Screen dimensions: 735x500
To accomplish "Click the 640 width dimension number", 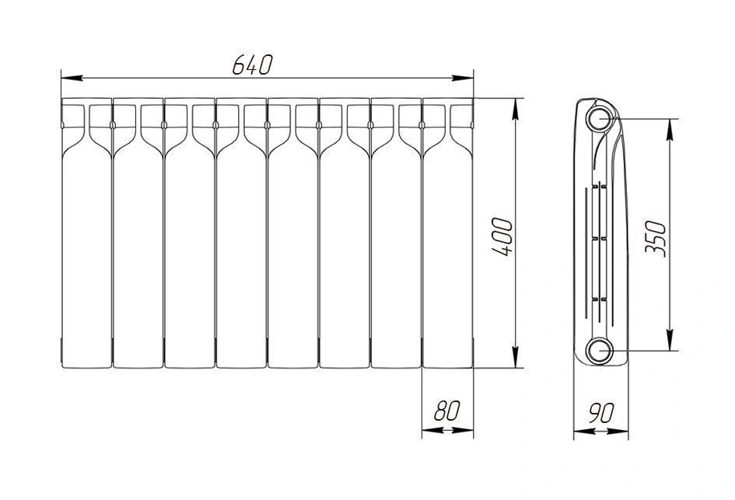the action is (252, 65).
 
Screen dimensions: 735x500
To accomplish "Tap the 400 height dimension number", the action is (502, 236).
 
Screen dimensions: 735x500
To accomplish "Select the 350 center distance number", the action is (656, 239).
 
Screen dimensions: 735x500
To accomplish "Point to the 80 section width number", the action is (447, 411).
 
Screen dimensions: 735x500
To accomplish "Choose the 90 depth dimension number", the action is (601, 413).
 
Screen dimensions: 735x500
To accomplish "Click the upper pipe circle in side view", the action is (599, 118).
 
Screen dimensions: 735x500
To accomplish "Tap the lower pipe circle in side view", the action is (599, 350).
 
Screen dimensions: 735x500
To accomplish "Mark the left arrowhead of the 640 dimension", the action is (72, 77).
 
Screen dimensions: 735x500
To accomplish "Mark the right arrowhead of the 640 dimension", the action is (462, 77).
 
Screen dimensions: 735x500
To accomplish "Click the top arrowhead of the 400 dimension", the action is (516, 109).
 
